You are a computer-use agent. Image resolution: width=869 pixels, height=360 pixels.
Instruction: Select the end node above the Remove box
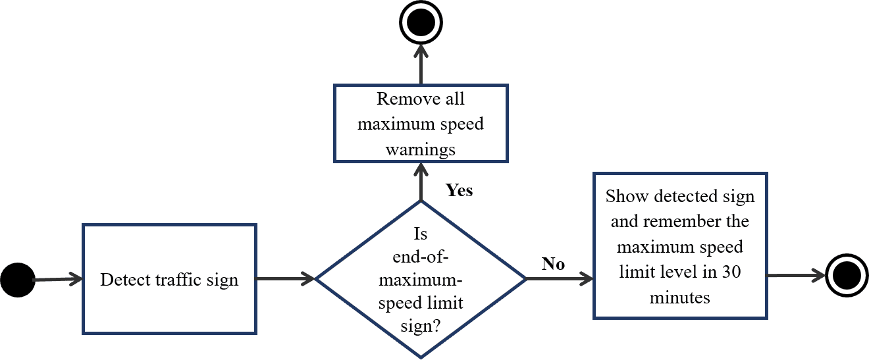421,24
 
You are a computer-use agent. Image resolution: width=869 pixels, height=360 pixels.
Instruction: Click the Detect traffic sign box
169,279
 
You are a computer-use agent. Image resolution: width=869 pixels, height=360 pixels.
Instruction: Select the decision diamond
421,279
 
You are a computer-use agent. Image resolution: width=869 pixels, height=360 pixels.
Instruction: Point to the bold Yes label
460,190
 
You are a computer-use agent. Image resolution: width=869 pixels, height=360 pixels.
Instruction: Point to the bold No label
553,264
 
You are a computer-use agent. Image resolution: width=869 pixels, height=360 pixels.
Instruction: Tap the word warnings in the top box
420,149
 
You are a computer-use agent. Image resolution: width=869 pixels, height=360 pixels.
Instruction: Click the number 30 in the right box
731,272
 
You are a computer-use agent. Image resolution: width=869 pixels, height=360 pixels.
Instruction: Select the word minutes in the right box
680,297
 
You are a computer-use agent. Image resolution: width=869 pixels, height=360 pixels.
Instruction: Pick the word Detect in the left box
120,280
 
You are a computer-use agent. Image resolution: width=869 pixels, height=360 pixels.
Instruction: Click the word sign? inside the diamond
421,326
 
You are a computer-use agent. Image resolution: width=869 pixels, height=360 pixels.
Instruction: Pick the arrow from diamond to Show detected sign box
560,279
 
